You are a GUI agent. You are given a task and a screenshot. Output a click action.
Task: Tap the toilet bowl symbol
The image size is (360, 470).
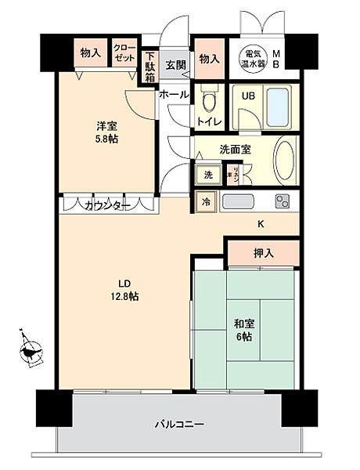[x=208, y=102]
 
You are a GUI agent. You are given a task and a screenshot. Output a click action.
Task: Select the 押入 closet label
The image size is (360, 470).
[x=263, y=253]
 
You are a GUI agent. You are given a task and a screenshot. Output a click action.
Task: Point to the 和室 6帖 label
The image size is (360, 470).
[x=242, y=328]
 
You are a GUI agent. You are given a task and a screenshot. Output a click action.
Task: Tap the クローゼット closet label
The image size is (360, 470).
[x=124, y=53]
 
